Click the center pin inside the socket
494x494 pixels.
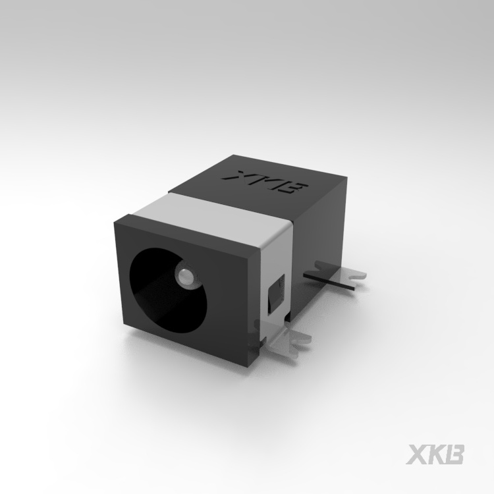pyautogui.click(x=185, y=276)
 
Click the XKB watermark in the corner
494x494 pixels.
pyautogui.click(x=436, y=454)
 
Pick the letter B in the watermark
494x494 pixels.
pyautogui.click(x=455, y=454)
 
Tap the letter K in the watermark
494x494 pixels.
pyautogui.click(x=437, y=454)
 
